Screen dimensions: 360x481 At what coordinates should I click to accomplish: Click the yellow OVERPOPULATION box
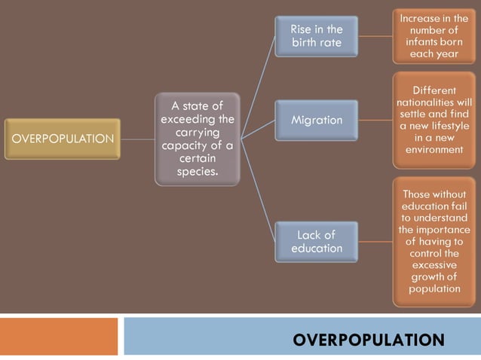[62, 139]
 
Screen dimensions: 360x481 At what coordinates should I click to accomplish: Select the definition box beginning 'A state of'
[198, 139]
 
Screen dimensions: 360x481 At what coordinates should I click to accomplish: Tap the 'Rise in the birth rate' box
[316, 35]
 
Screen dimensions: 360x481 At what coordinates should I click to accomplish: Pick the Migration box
[316, 121]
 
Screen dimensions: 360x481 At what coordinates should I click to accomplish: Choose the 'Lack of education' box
[316, 241]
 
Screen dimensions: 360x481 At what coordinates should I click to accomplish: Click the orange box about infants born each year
[434, 35]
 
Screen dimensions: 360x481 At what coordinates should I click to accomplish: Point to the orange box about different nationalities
[434, 120]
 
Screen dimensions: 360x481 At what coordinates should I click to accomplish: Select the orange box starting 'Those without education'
[434, 241]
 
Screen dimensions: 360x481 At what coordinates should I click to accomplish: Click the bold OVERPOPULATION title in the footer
[368, 340]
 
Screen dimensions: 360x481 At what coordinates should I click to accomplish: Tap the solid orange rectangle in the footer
[59, 336]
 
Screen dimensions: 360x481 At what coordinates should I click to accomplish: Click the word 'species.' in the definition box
[198, 171]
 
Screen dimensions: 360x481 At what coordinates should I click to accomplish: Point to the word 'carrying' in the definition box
[198, 133]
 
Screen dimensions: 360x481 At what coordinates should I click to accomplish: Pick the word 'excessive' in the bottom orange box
[434, 264]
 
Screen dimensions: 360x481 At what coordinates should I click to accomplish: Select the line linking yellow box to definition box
[137, 139]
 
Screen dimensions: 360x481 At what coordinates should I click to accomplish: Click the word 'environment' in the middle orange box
[434, 150]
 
